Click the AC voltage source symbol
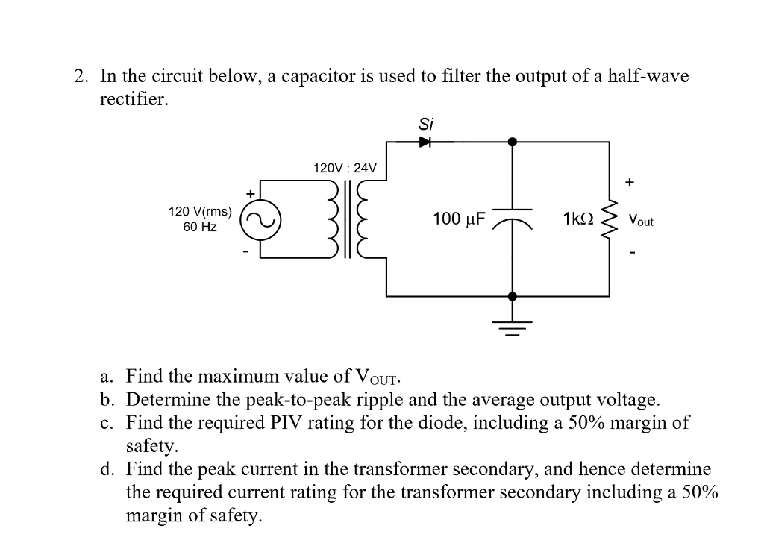(259, 219)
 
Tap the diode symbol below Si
(425, 141)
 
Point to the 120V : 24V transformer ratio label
(344, 168)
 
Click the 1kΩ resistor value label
(579, 219)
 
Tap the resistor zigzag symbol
(610, 219)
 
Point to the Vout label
(640, 220)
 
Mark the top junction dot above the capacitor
(511, 141)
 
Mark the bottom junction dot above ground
(511, 296)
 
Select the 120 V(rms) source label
(200, 211)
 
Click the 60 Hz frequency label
(200, 227)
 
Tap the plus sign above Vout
(630, 181)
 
